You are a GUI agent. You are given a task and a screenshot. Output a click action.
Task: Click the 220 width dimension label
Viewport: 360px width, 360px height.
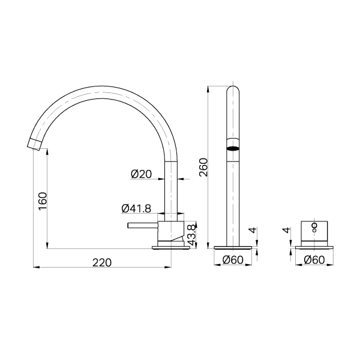[x=102, y=263]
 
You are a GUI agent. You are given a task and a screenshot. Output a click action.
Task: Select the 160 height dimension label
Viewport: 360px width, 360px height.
[x=43, y=201]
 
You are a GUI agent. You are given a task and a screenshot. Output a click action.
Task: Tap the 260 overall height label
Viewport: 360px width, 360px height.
[x=203, y=167]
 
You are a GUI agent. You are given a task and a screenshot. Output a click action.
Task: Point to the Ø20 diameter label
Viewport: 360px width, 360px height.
[x=141, y=174]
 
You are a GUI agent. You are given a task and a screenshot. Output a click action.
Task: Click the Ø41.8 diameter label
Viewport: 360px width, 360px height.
[x=136, y=209]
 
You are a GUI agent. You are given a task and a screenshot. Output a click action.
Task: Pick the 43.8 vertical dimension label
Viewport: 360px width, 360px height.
[x=191, y=235]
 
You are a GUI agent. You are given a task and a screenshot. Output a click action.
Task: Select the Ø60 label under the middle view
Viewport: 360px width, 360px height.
[x=233, y=260]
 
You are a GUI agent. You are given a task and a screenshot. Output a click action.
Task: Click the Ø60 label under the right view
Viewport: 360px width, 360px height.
[x=314, y=260]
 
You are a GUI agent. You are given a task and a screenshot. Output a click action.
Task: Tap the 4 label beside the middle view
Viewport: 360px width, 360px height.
[x=253, y=230]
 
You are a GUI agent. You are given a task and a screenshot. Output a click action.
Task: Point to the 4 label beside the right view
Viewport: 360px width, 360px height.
[x=286, y=230]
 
